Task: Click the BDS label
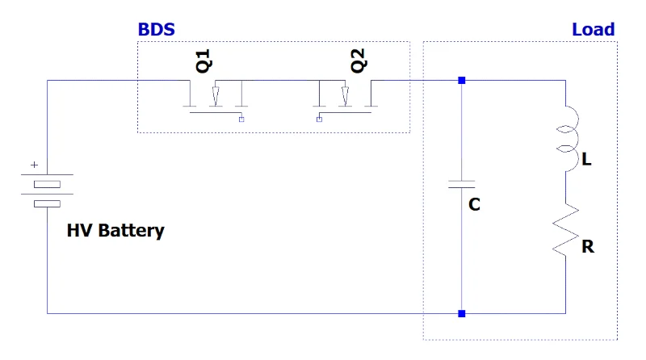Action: click(x=156, y=30)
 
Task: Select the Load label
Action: click(x=594, y=30)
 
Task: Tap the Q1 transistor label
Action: click(x=203, y=61)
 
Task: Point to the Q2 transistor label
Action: click(x=358, y=61)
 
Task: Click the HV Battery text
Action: click(x=115, y=231)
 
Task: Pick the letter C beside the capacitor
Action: click(x=474, y=204)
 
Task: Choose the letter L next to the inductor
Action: click(x=587, y=159)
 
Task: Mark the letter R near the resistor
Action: click(x=588, y=247)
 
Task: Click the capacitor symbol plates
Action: click(x=461, y=184)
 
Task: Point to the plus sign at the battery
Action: click(x=34, y=165)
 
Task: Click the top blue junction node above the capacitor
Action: click(x=461, y=81)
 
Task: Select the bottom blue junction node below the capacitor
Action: click(x=461, y=313)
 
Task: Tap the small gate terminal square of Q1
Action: click(x=241, y=119)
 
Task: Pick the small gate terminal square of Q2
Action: click(x=319, y=119)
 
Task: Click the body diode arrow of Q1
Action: click(x=216, y=96)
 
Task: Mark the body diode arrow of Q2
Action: click(x=346, y=96)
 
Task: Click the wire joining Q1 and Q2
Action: click(x=280, y=81)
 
